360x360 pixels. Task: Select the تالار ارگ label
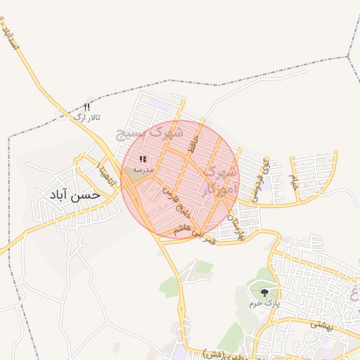[88, 116]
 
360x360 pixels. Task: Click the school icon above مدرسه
[143, 160]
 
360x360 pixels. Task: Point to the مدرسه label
[143, 170]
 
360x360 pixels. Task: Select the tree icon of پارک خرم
[264, 292]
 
